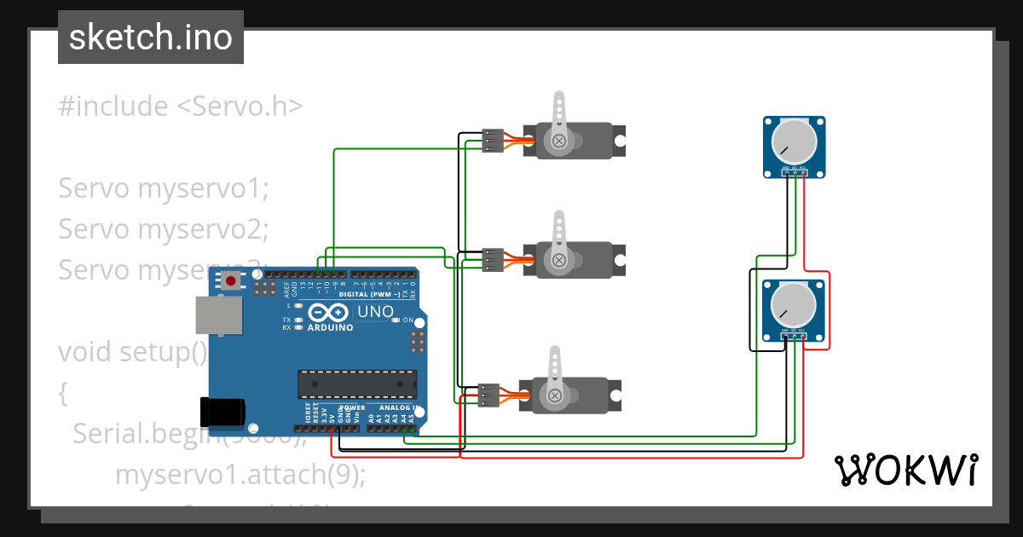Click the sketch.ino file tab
150,38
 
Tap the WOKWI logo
905,470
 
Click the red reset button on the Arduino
230,280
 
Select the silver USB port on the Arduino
218,315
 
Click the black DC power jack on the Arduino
221,412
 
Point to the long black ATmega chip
356,384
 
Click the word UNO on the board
375,312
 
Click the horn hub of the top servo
559,141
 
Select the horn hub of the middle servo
559,259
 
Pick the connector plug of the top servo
493,141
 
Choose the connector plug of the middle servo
493,259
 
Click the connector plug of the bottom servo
489,396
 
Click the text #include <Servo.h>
181,107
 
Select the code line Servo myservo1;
163,188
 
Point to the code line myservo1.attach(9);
240,474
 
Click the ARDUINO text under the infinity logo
330,327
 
